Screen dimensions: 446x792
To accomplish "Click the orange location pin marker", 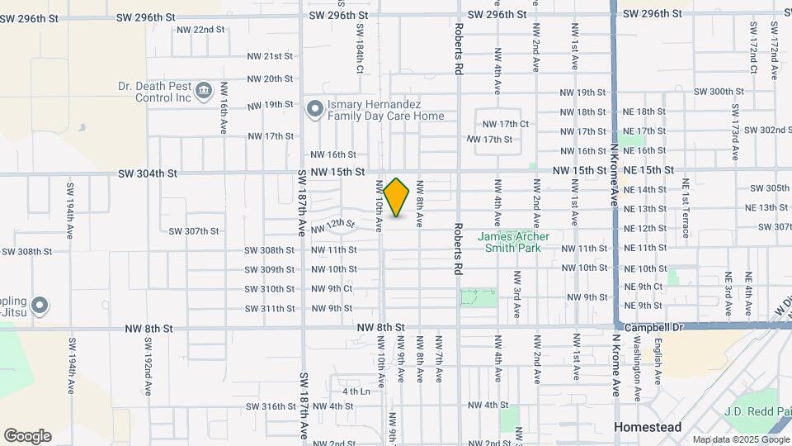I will click(x=397, y=197).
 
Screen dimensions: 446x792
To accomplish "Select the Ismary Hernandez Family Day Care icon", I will click(x=314, y=109).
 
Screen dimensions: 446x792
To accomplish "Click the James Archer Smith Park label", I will click(x=508, y=241).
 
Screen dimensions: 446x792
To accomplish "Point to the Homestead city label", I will click(x=648, y=427).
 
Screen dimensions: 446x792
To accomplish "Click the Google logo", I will click(x=27, y=436).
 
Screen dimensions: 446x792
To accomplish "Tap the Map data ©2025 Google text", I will click(x=739, y=439).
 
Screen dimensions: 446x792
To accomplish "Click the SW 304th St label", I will click(x=148, y=173).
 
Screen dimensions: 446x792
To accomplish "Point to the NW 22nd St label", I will click(x=200, y=30).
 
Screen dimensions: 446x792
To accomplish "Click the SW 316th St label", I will click(x=269, y=406).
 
